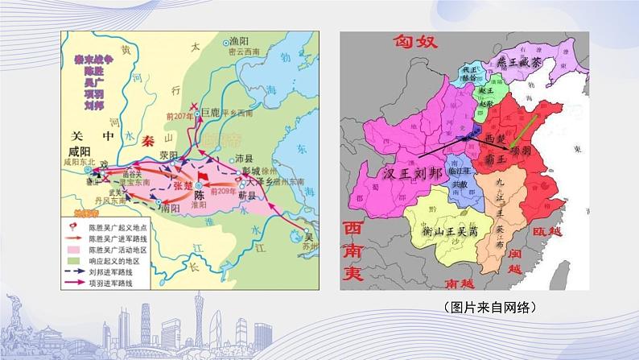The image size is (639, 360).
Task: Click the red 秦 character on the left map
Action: click(148, 140)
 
